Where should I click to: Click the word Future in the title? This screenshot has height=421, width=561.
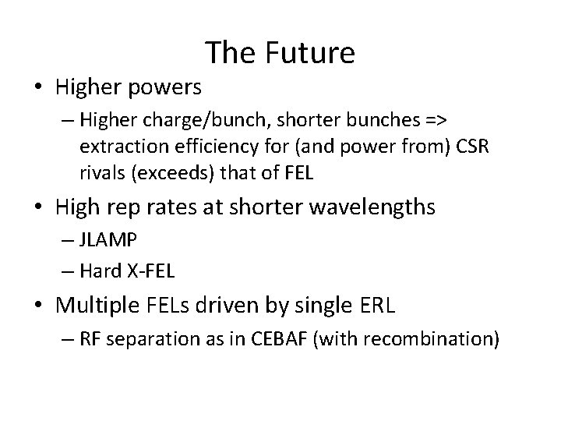coord(310,52)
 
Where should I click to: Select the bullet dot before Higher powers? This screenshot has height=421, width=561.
coord(40,87)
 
